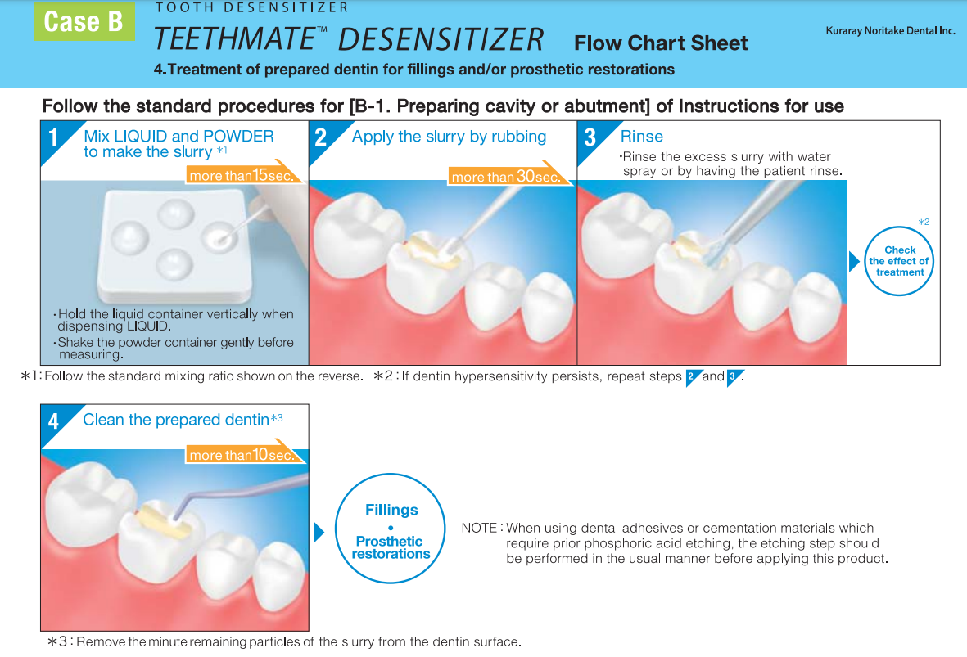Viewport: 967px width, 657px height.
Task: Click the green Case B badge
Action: click(x=84, y=21)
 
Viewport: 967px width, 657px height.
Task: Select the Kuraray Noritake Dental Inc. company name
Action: click(x=891, y=31)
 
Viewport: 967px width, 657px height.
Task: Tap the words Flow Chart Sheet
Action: click(x=661, y=43)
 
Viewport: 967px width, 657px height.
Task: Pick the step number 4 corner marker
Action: click(x=54, y=421)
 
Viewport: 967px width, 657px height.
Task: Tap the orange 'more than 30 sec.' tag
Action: click(x=506, y=176)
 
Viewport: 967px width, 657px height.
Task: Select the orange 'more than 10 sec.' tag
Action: click(x=242, y=454)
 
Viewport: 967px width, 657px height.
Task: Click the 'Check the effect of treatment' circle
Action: click(x=900, y=261)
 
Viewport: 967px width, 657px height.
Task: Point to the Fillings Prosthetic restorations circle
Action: click(x=391, y=532)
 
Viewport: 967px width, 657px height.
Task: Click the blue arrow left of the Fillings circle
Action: click(x=319, y=532)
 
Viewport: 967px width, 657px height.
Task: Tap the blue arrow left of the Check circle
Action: click(x=854, y=261)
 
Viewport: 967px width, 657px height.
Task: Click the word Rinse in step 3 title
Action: click(x=642, y=137)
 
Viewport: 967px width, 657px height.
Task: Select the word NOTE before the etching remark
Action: click(x=479, y=529)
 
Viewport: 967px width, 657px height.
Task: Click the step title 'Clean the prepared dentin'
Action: click(x=176, y=420)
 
